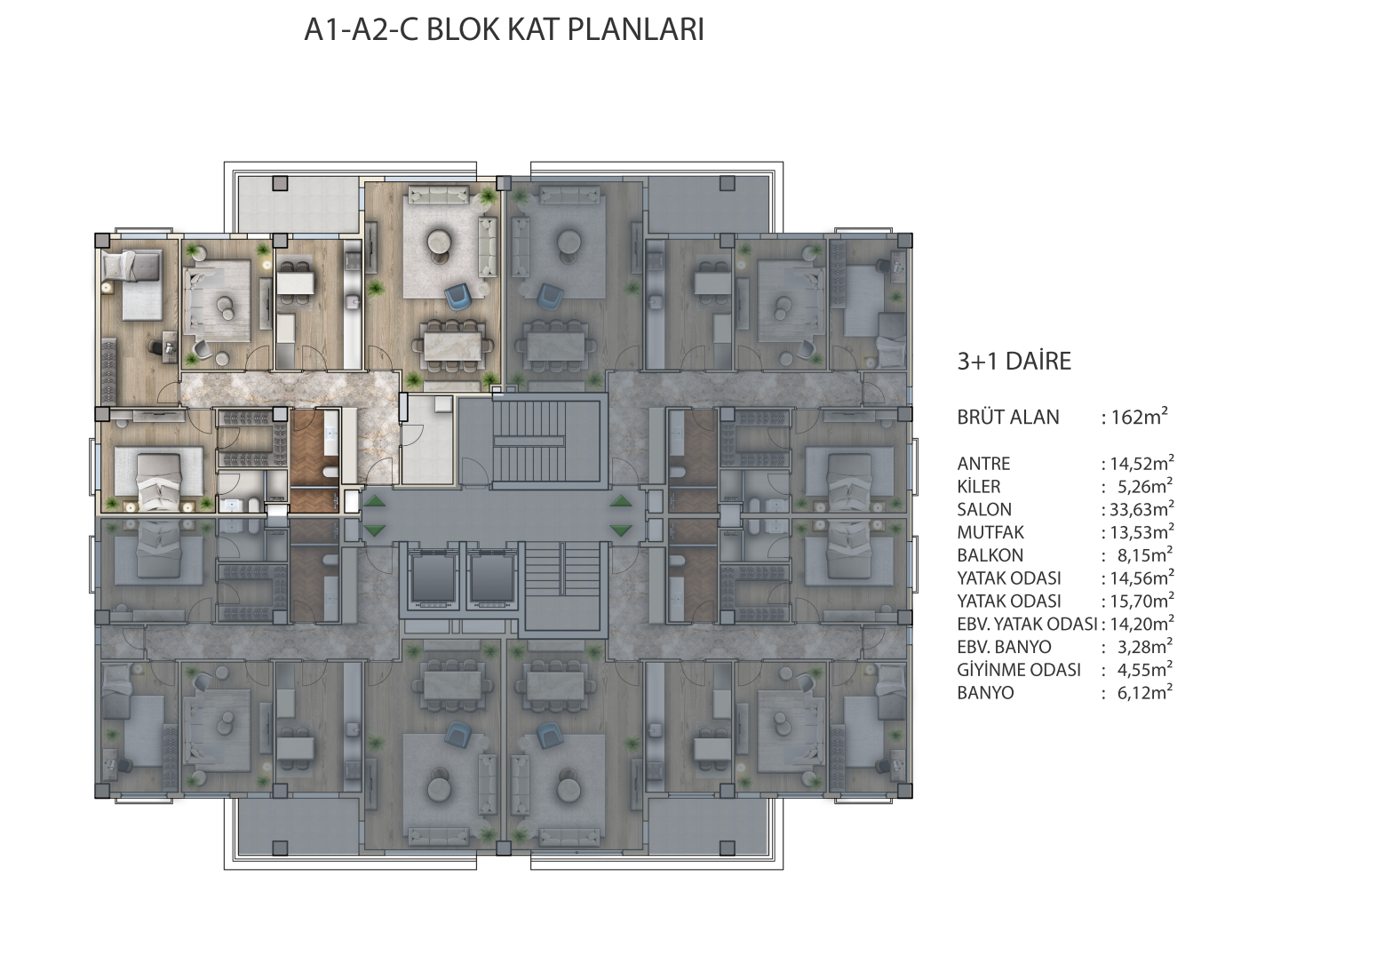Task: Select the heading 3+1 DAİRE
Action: [x=1014, y=362]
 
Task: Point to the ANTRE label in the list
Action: [x=983, y=464]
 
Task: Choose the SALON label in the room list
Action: [x=984, y=510]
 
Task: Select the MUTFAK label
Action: [x=990, y=533]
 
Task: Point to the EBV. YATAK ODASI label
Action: [x=1027, y=625]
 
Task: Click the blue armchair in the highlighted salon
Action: [x=459, y=295]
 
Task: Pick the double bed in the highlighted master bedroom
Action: [x=157, y=478]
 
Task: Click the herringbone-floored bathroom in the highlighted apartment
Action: [x=315, y=462]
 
